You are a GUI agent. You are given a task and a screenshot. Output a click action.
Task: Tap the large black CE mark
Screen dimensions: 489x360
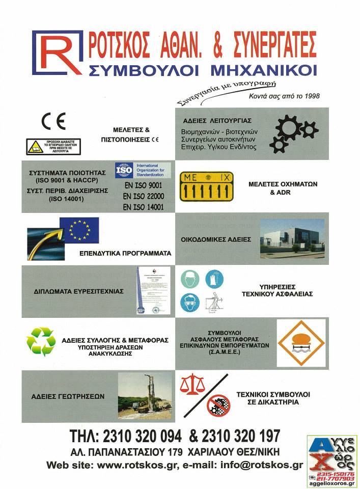pyautogui.click(x=53, y=121)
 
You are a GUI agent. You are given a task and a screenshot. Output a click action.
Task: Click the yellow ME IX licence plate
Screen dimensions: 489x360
pyautogui.click(x=209, y=186)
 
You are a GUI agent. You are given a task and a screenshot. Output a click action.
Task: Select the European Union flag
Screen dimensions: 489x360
pyautogui.click(x=79, y=230)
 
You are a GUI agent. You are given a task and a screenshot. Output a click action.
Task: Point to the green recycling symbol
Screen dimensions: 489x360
pyautogui.click(x=41, y=341)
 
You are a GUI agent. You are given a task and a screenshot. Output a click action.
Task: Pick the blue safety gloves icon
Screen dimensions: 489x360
pyautogui.click(x=214, y=279)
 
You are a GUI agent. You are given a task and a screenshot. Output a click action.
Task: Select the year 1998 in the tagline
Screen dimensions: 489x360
pyautogui.click(x=310, y=96)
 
